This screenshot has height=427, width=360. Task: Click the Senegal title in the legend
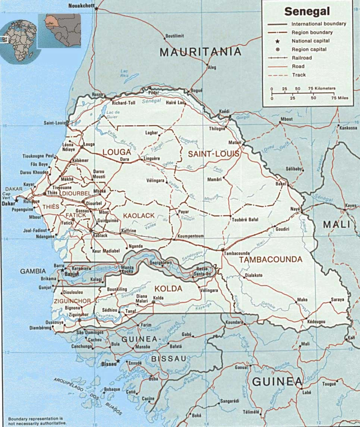click(x=307, y=11)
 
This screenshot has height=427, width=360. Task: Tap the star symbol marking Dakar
click(x=16, y=201)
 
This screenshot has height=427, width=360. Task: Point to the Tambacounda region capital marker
click(x=222, y=249)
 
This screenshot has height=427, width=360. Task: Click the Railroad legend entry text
click(x=301, y=58)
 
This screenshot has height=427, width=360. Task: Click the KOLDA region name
click(x=168, y=289)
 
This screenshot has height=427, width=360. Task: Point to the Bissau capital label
click(x=109, y=361)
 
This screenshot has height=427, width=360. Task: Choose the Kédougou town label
click(x=316, y=321)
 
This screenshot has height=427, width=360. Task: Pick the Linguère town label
click(x=151, y=158)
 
